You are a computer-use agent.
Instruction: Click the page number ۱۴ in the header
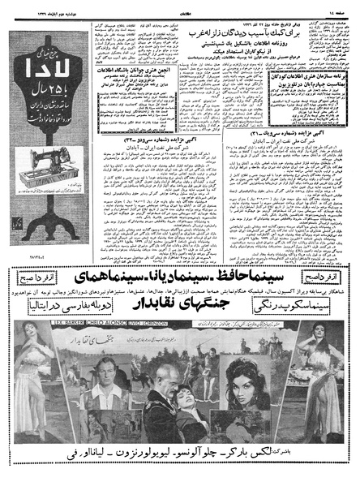(344, 6)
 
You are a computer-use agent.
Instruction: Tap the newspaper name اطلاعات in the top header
(180, 6)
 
